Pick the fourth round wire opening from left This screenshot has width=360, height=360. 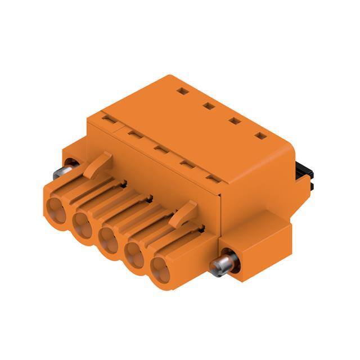pos(136,257)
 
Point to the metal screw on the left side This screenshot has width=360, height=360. pos(70,166)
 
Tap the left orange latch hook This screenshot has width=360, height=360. pos(100,163)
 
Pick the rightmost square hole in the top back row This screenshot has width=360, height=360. pos(260,136)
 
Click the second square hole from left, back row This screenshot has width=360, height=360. pos(208,105)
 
